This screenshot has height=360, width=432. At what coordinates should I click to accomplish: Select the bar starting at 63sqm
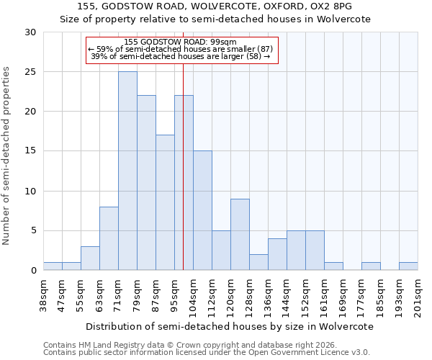(x=109, y=238)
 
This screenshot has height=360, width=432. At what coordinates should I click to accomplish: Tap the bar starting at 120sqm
(x=240, y=234)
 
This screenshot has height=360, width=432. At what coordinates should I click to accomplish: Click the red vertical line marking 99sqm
(x=184, y=180)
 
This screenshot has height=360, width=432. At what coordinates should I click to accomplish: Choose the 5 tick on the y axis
(x=34, y=230)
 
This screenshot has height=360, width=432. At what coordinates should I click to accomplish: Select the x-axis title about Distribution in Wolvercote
(x=230, y=326)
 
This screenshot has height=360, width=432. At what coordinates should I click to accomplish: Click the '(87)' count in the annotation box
(x=261, y=49)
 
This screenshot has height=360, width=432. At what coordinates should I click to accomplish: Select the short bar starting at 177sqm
(x=371, y=266)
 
